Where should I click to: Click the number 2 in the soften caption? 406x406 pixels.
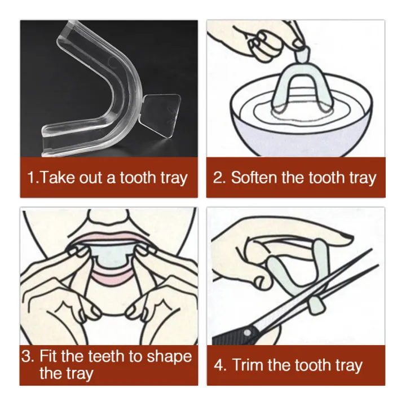click(219, 178)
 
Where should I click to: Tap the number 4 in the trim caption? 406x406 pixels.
click(219, 365)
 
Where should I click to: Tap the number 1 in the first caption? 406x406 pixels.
click(31, 178)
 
